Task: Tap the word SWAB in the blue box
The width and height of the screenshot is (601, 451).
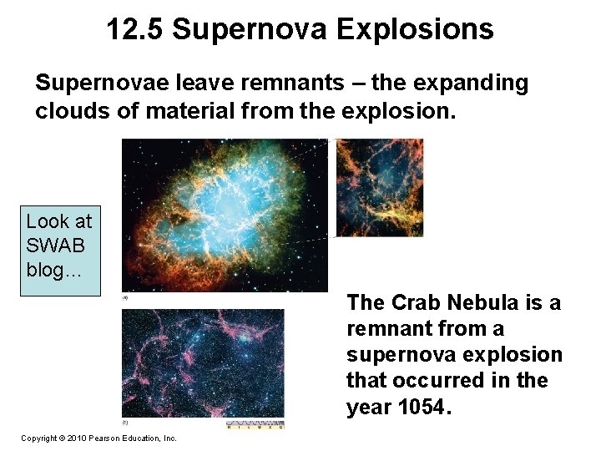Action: (56, 246)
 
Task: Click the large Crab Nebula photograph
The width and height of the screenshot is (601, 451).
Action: (225, 215)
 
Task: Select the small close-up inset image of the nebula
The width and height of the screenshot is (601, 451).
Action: (379, 188)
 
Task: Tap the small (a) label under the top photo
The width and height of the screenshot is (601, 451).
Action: (125, 296)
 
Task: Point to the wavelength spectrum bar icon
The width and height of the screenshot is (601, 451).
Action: (255, 425)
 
